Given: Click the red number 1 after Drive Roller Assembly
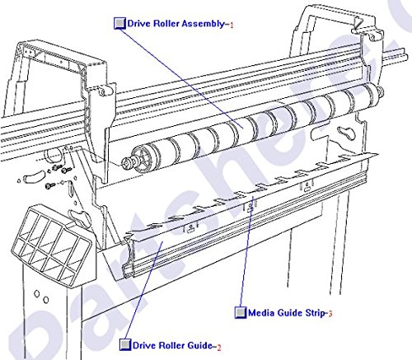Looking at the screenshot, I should click(232, 25).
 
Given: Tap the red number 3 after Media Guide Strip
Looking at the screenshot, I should click(330, 313).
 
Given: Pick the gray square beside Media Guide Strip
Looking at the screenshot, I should click(239, 313).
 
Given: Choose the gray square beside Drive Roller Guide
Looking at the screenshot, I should click(124, 345).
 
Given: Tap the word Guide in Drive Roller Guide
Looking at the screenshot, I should click(201, 345).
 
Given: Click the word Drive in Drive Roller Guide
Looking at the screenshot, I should click(147, 345).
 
